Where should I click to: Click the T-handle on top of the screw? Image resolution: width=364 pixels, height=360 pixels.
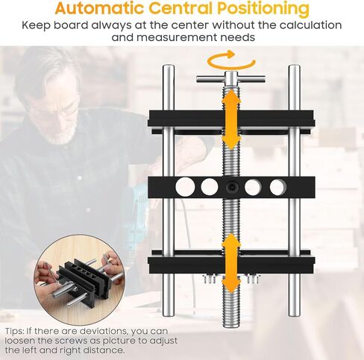pos(231,79)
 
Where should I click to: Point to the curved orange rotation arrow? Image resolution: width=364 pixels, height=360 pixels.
pos(230,60)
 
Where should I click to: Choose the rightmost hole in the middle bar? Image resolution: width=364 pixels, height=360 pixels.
pos(277,187)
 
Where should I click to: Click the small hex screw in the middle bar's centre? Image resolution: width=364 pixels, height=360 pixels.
pos(233,187)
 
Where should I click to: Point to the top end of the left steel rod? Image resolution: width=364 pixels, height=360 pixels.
pos(169,69)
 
